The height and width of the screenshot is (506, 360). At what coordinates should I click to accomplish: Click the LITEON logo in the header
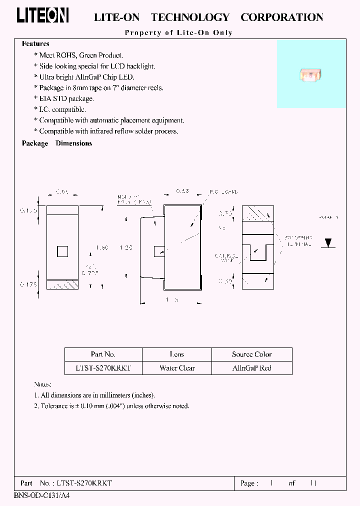pyautogui.click(x=42, y=15)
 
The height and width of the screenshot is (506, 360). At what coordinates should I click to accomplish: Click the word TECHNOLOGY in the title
pyautogui.click(x=190, y=17)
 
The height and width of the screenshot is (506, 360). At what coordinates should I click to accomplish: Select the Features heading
pyautogui.click(x=35, y=44)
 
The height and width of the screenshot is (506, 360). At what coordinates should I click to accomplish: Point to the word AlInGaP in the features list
pyautogui.click(x=93, y=77)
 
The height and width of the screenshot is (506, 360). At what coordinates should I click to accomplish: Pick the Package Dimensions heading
pyautogui.click(x=57, y=143)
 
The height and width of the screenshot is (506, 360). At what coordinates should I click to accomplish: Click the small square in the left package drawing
pyautogui.click(x=62, y=251)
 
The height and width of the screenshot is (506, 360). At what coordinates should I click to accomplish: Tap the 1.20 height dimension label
pyautogui.click(x=126, y=247)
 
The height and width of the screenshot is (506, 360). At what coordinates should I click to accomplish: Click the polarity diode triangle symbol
pyautogui.click(x=328, y=243)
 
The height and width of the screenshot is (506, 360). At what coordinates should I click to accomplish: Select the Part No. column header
pyautogui.click(x=103, y=354)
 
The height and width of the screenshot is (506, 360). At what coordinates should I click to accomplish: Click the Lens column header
pyautogui.click(x=177, y=354)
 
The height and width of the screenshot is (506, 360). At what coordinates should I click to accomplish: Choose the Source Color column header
pyautogui.click(x=251, y=354)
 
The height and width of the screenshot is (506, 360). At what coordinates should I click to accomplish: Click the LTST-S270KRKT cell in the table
pyautogui.click(x=103, y=368)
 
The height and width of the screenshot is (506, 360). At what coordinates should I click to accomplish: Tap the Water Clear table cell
pyautogui.click(x=177, y=368)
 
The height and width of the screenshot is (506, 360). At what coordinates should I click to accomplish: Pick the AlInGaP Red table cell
pyautogui.click(x=251, y=368)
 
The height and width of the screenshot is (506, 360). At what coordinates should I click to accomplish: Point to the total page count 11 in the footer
pyautogui.click(x=313, y=483)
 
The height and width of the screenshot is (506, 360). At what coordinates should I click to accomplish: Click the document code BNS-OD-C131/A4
pyautogui.click(x=39, y=496)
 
